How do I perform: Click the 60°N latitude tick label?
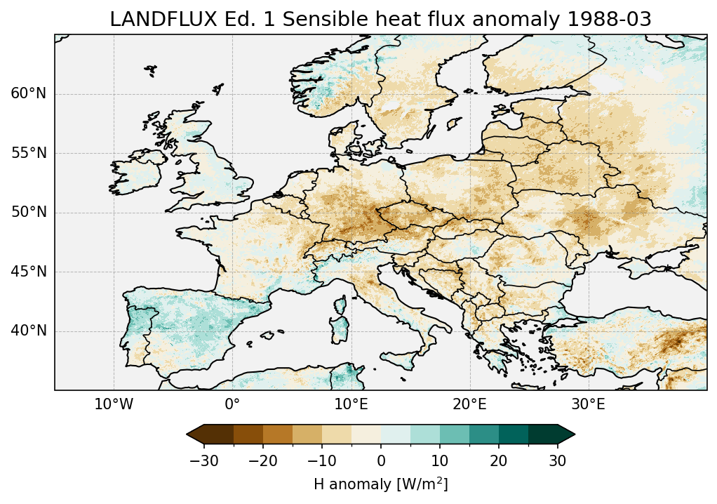tap(28, 94)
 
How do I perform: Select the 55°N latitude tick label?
tap(28, 153)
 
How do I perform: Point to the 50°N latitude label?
tap(28, 212)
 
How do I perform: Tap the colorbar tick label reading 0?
tap(381, 460)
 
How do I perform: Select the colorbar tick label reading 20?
tap(499, 460)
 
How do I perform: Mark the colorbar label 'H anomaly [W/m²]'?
tap(380, 484)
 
